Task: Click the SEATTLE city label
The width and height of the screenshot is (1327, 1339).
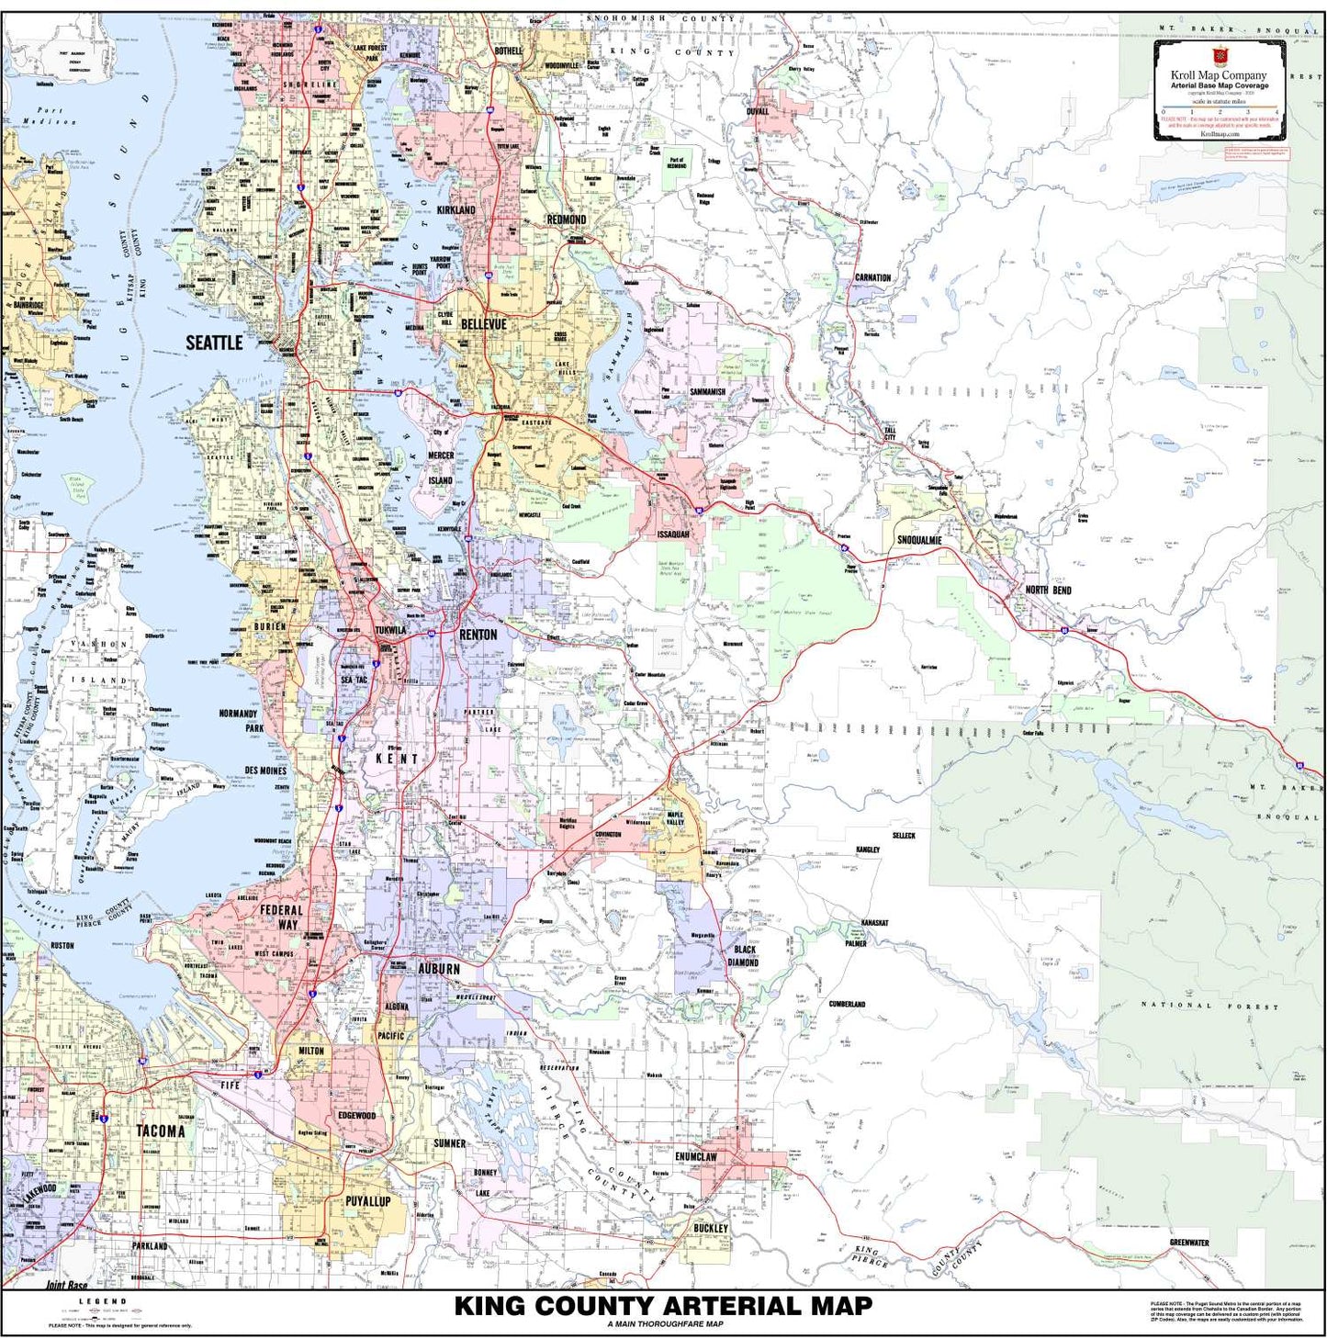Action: click(x=214, y=343)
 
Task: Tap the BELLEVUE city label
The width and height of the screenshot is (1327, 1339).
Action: click(x=483, y=324)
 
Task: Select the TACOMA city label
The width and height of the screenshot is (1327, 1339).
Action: click(x=161, y=1131)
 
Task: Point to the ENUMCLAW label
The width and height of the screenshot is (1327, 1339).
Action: click(x=695, y=1157)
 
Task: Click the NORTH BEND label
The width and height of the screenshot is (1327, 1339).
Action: click(x=1048, y=590)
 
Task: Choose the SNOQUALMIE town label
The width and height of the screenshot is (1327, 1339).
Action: click(x=919, y=540)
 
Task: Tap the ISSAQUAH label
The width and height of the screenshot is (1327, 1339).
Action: click(x=672, y=534)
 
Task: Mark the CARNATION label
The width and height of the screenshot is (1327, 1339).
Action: click(x=872, y=277)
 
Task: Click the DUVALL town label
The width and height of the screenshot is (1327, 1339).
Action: click(x=758, y=111)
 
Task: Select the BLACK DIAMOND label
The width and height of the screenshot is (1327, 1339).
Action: click(x=744, y=956)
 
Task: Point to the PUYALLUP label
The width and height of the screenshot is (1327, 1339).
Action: click(x=367, y=1201)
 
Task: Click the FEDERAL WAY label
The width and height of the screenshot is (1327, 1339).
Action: click(x=281, y=917)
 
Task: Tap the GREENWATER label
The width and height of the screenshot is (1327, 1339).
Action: click(x=1188, y=1243)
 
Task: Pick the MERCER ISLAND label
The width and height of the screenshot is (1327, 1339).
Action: click(x=440, y=467)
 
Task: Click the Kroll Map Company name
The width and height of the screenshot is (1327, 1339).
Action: click(x=1218, y=75)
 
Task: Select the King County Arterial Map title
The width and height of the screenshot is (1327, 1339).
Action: click(x=663, y=1306)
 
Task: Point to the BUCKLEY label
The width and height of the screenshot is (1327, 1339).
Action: click(x=710, y=1228)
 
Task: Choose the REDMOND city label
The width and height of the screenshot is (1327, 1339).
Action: click(x=566, y=219)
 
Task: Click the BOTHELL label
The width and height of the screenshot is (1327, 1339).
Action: click(x=508, y=51)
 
